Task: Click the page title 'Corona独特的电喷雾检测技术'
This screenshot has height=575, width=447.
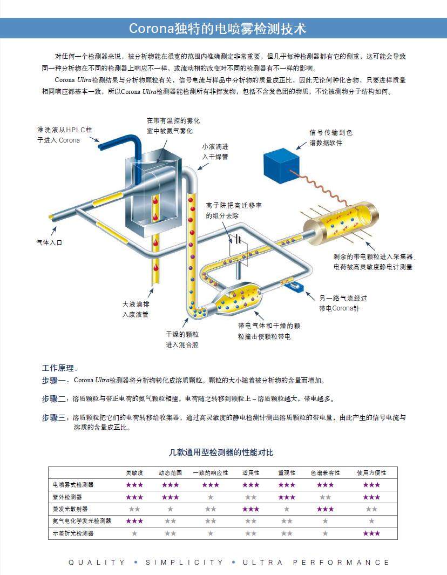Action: [218, 29]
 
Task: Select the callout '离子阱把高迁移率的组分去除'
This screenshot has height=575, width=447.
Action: [234, 211]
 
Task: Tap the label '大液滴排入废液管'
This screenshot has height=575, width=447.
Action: [136, 309]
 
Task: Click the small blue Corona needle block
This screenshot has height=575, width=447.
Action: [296, 285]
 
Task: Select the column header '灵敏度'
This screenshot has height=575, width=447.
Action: [134, 473]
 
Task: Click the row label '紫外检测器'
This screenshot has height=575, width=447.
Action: [67, 497]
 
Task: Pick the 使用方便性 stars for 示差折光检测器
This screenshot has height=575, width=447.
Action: [371, 533]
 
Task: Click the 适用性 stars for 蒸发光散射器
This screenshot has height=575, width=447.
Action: [250, 509]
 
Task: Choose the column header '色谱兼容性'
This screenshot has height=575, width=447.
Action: [325, 473]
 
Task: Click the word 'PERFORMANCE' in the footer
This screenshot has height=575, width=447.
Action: [341, 562]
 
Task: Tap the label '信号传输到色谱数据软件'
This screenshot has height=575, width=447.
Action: [330, 137]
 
